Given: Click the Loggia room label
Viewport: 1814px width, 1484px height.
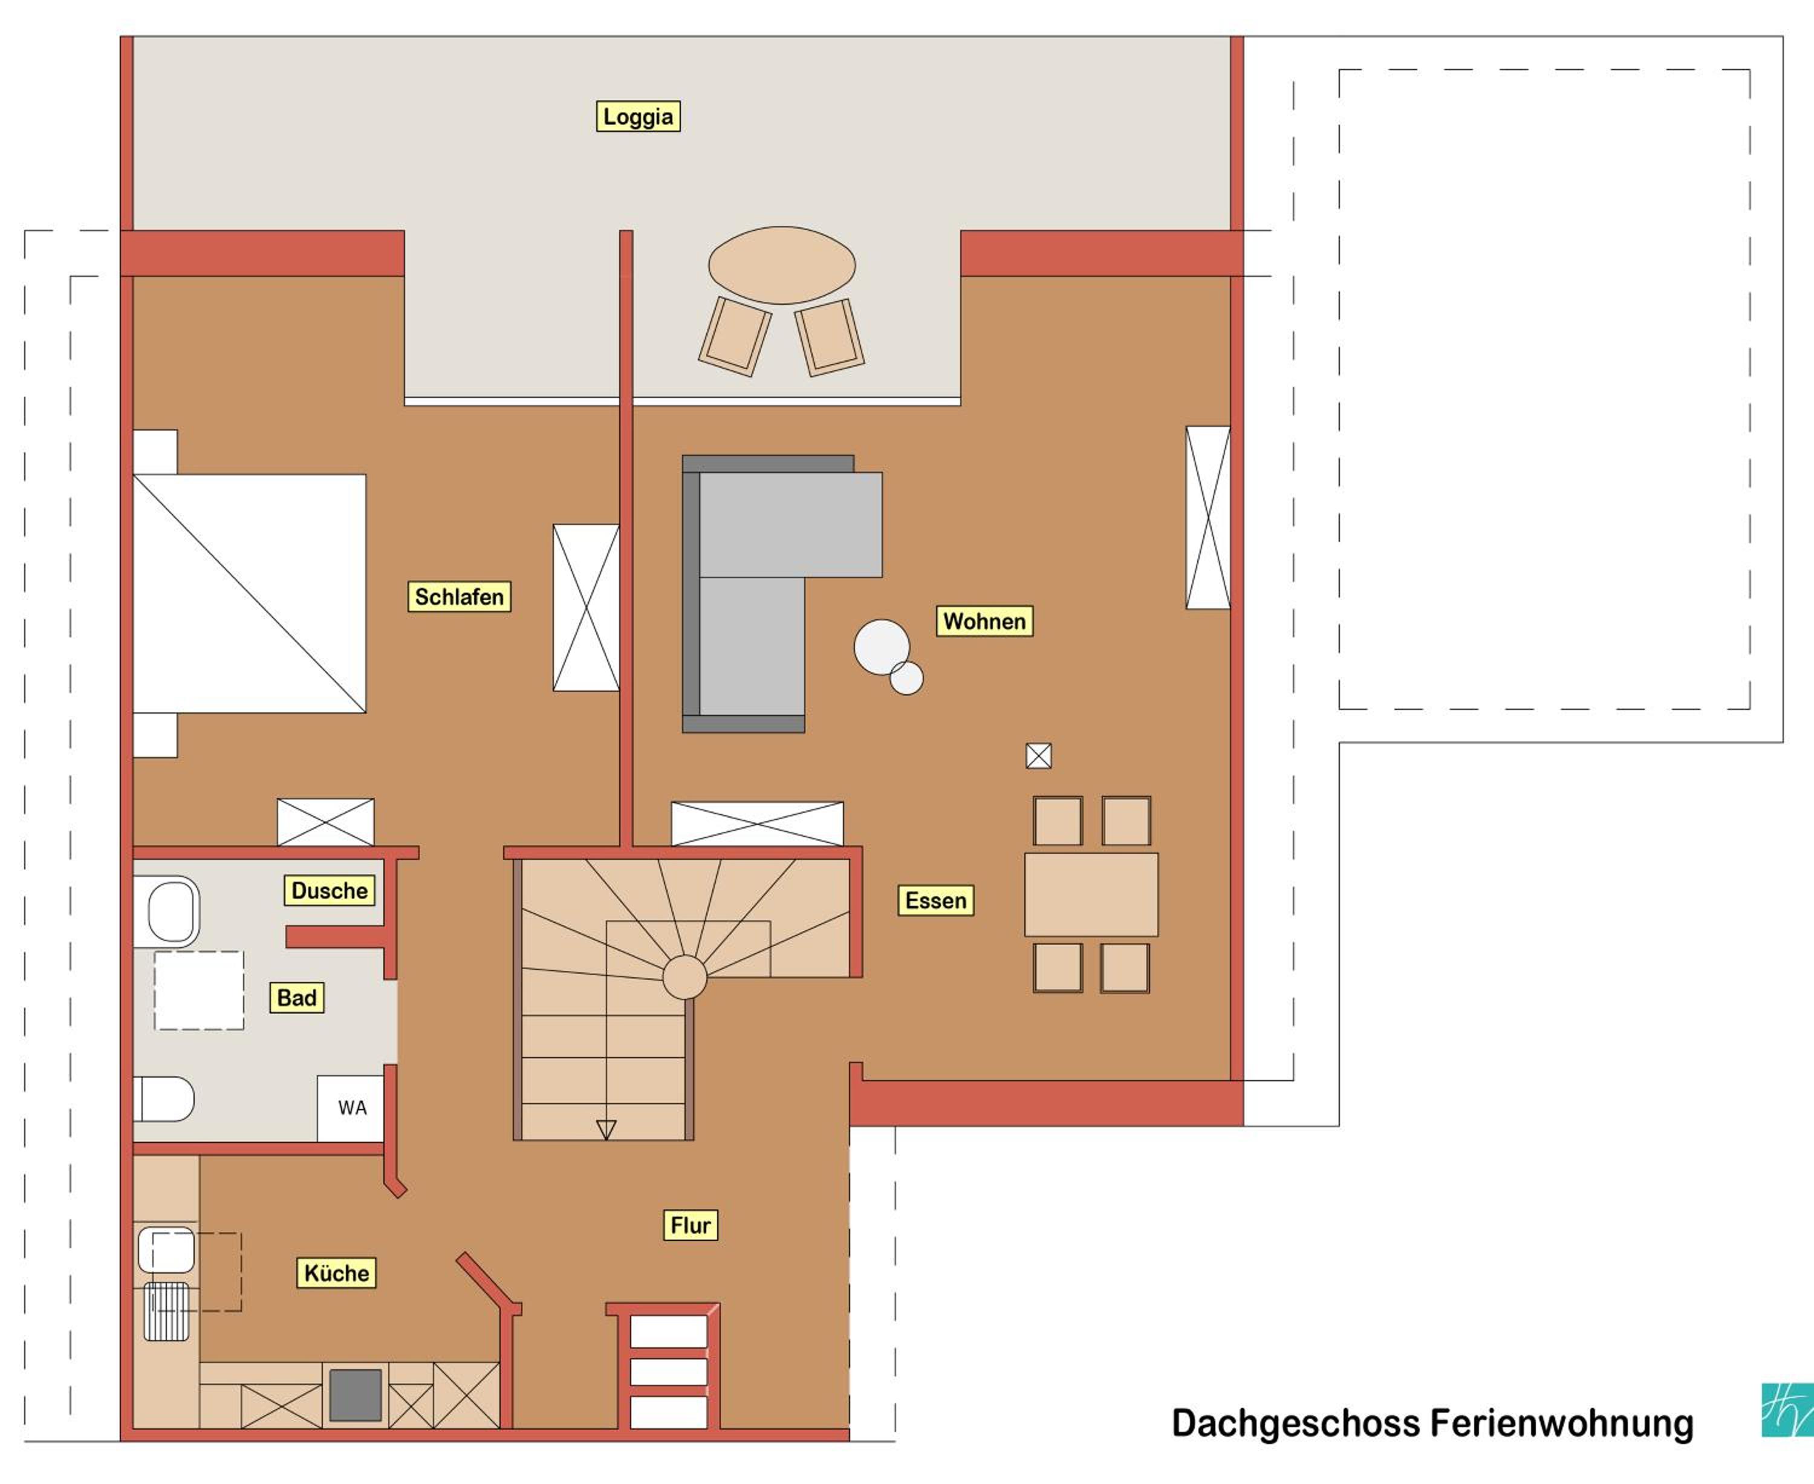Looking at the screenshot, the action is pyautogui.click(x=638, y=116).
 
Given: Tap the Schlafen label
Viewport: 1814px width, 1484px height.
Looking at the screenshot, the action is pyautogui.click(x=459, y=597).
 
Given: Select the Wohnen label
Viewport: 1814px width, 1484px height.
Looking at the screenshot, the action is pyautogui.click(x=984, y=622).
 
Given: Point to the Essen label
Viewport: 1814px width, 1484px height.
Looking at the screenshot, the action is pyautogui.click(x=935, y=901).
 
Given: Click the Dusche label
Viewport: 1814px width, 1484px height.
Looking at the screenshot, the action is pyautogui.click(x=329, y=891).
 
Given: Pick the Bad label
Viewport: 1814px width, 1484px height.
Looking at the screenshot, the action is pyautogui.click(x=297, y=998).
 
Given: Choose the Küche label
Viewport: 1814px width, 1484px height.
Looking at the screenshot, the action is pyautogui.click(x=337, y=1274).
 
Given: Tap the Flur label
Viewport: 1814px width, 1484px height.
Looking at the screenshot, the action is pyautogui.click(x=691, y=1226).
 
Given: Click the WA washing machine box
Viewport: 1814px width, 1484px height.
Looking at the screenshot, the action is pyautogui.click(x=351, y=1108).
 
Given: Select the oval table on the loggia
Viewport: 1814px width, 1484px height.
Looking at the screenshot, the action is pyautogui.click(x=781, y=265).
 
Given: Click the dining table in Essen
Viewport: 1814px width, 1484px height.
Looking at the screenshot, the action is pyautogui.click(x=1091, y=895).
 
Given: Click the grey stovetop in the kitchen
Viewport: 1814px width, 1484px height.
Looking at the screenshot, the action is pyautogui.click(x=356, y=1395).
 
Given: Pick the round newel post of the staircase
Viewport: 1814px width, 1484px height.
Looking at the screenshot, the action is pyautogui.click(x=684, y=977).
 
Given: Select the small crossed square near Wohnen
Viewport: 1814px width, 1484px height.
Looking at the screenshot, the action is pyautogui.click(x=1039, y=756).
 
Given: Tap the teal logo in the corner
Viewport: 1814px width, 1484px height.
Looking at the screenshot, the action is pyautogui.click(x=1787, y=1410).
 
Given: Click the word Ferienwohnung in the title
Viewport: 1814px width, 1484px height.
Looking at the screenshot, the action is pyautogui.click(x=1562, y=1424).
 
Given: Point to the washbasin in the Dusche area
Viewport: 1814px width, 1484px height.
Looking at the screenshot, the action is pyautogui.click(x=172, y=912).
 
